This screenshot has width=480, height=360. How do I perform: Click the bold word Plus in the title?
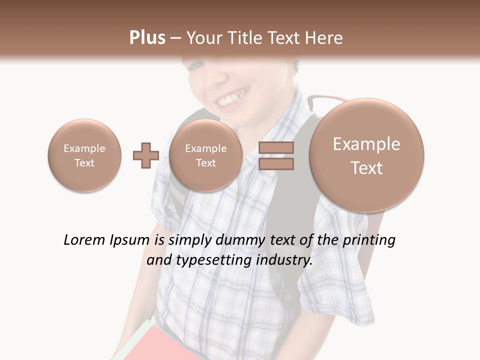click(147, 37)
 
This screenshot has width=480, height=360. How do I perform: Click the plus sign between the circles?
click(145, 155)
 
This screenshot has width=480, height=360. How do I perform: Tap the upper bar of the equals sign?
click(276, 148)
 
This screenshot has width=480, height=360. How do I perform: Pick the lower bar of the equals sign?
click(276, 163)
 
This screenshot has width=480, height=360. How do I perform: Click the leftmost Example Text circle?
click(84, 155)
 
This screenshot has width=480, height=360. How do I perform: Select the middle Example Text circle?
click(205, 155)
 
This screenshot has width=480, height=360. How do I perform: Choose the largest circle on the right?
click(366, 155)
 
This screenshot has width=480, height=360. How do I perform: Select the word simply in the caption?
click(190, 240)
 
